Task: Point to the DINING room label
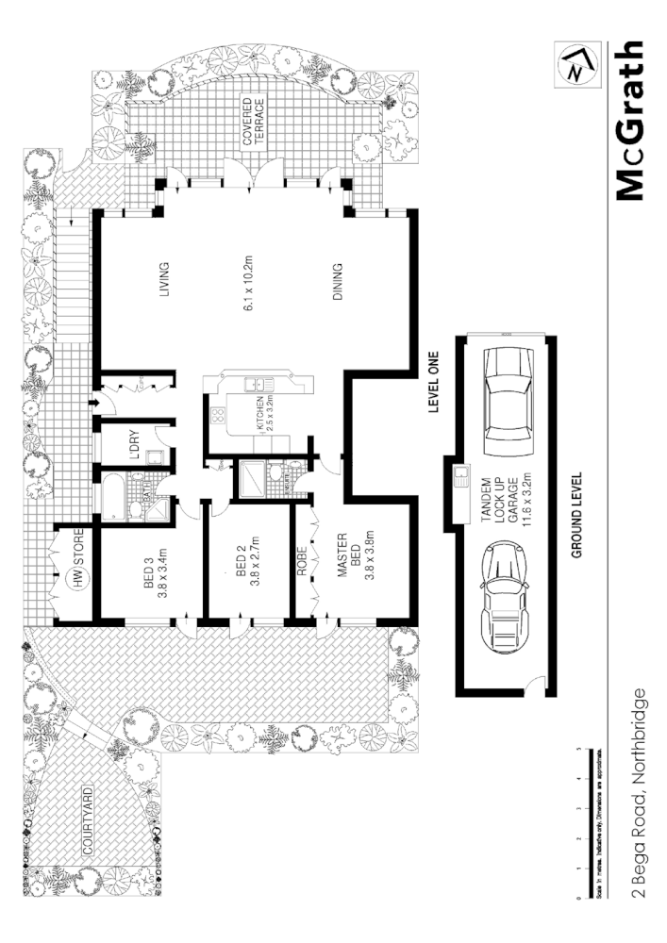click(x=337, y=281)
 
